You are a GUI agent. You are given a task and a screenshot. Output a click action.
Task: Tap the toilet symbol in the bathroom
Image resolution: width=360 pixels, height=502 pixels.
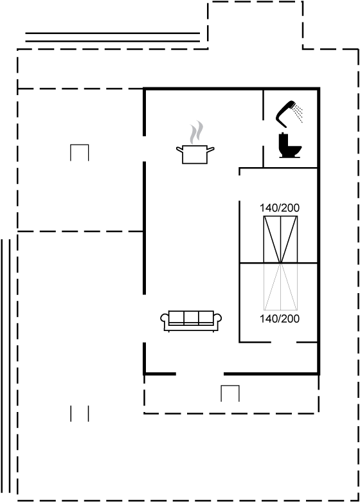289,146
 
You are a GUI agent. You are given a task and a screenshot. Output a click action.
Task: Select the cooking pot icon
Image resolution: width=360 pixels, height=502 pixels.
195,154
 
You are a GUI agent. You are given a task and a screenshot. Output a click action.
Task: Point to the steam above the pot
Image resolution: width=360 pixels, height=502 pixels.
196,132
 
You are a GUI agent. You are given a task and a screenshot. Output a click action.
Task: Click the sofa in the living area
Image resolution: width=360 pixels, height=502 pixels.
191,321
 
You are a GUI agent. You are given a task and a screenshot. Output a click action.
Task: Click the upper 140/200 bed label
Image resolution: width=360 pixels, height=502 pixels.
280,208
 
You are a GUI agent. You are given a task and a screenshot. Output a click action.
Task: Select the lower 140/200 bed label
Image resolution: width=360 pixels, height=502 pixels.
280,319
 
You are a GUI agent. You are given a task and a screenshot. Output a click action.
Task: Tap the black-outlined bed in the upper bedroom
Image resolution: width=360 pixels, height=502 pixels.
280,240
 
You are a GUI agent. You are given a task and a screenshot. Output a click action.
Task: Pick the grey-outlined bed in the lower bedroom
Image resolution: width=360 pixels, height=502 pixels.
280,287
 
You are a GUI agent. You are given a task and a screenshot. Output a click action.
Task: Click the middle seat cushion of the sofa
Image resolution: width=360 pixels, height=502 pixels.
191,318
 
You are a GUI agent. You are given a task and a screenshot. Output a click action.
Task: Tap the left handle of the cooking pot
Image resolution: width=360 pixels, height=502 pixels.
179,148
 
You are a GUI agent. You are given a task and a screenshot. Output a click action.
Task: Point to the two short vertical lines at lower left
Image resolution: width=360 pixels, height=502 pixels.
80,414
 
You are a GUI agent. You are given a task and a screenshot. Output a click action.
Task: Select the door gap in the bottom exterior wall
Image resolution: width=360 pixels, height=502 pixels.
200,373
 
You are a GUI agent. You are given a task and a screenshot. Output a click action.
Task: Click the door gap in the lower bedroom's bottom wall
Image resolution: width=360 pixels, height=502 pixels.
283,342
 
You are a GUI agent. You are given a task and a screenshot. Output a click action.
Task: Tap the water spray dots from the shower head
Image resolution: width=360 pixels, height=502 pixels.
299,113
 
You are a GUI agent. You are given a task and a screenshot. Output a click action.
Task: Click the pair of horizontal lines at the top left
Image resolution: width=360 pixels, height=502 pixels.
113,37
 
